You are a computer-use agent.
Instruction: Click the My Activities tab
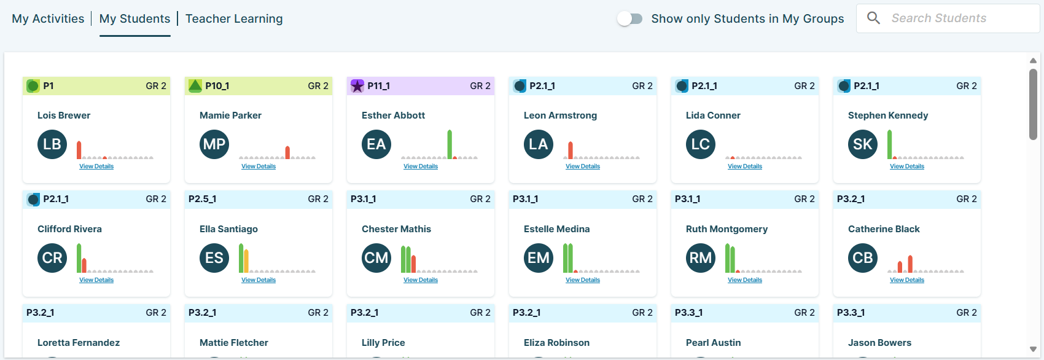click(48, 18)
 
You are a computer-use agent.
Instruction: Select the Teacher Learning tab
click(234, 18)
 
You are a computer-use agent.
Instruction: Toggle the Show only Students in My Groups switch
click(629, 18)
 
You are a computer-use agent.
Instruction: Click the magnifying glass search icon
click(873, 18)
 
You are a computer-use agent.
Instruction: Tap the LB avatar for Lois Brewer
click(52, 144)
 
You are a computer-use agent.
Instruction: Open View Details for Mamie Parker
click(259, 166)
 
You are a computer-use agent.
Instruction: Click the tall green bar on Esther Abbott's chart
click(450, 144)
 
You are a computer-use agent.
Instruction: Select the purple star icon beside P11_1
click(357, 86)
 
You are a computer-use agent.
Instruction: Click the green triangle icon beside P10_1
click(195, 86)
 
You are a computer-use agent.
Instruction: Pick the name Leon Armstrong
click(560, 115)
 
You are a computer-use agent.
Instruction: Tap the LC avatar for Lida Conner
click(701, 144)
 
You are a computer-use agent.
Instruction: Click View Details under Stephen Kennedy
click(907, 166)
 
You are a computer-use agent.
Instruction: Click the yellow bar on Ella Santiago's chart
click(246, 261)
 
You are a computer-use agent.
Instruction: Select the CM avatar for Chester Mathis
click(376, 258)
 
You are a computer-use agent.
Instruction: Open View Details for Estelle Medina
click(583, 280)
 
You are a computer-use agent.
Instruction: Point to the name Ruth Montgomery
click(727, 229)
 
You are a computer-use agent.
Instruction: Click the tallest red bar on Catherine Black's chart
click(910, 264)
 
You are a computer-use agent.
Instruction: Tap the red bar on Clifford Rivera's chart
click(84, 265)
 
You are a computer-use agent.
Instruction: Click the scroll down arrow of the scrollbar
click(1033, 349)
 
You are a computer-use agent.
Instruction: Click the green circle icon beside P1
click(33, 86)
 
